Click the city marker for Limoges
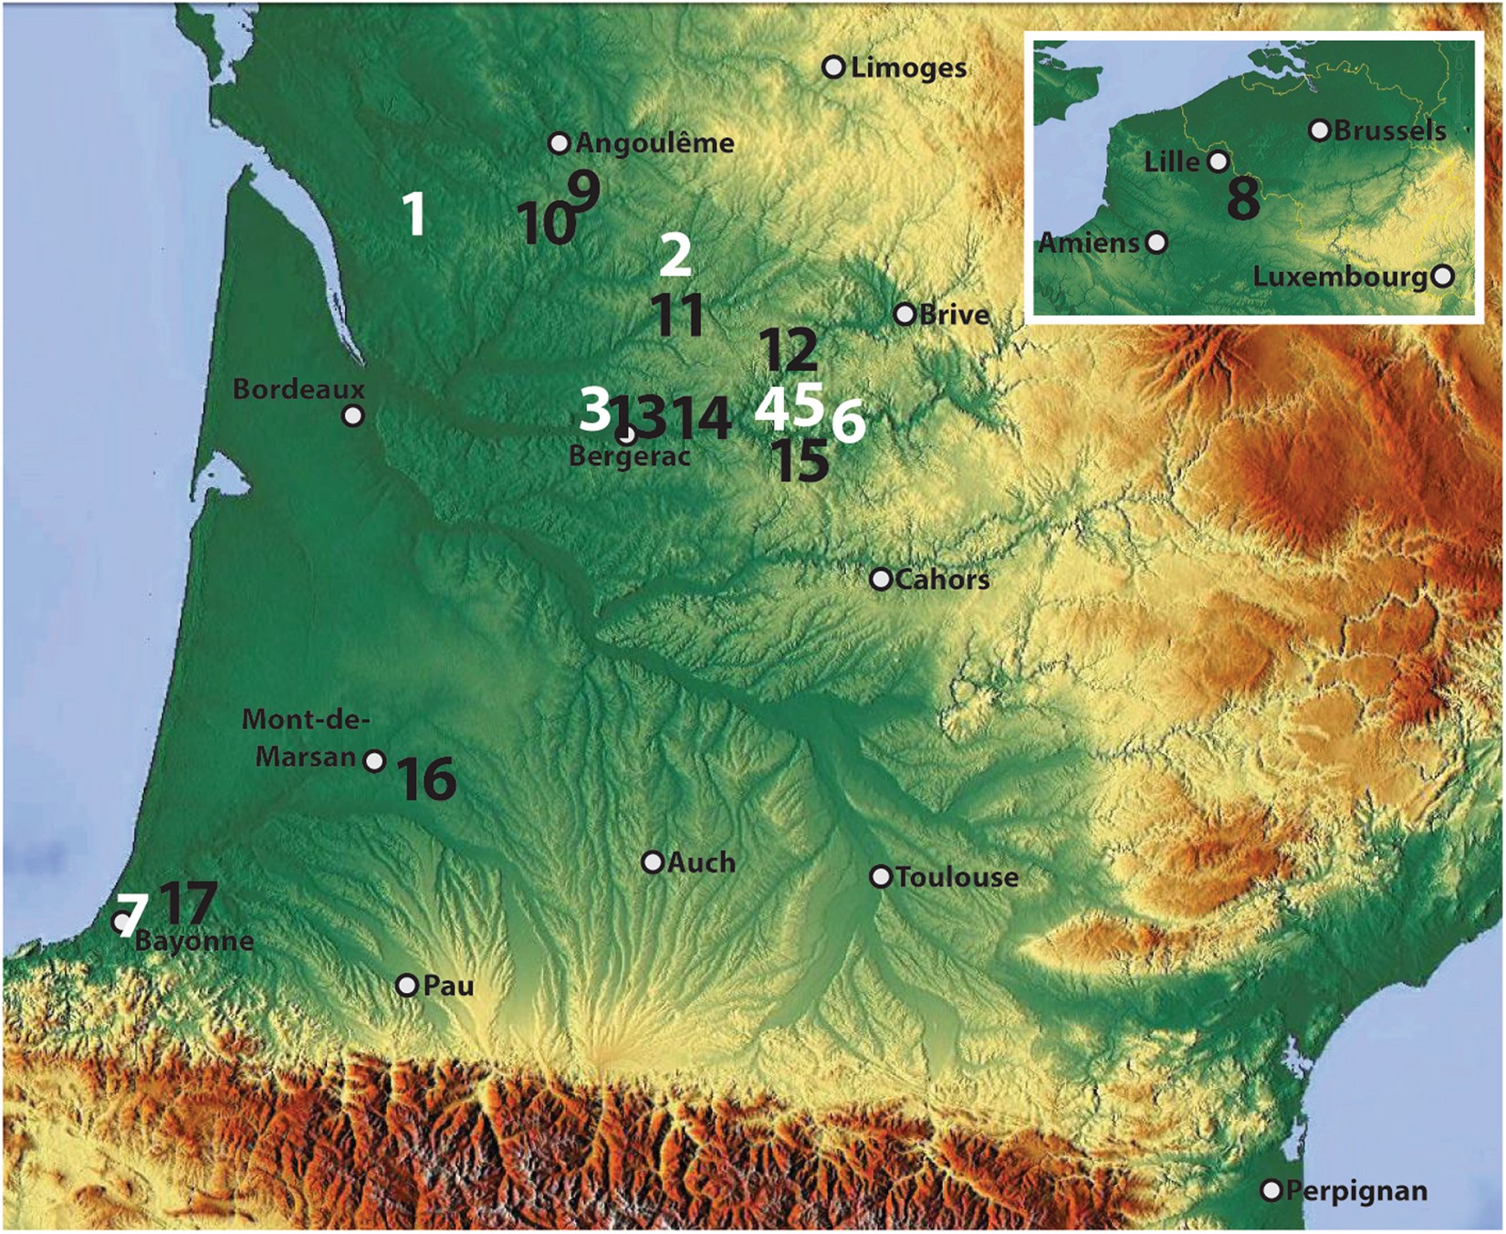click(x=832, y=67)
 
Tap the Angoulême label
click(x=654, y=143)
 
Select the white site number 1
click(x=415, y=215)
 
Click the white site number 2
click(x=675, y=255)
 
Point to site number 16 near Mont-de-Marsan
click(x=427, y=779)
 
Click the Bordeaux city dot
click(x=353, y=416)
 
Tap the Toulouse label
click(x=957, y=877)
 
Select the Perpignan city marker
click(x=1271, y=1190)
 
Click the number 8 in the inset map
click(x=1243, y=198)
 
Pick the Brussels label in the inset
click(x=1389, y=131)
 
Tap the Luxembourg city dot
click(x=1442, y=276)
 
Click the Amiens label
click(x=1089, y=243)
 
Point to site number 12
click(x=789, y=350)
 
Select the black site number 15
click(x=801, y=461)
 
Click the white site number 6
click(x=848, y=422)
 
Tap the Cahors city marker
click(x=881, y=580)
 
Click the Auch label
click(x=701, y=863)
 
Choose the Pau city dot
click(x=407, y=986)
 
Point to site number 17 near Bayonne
click(x=188, y=903)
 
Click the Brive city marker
click(x=905, y=314)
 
